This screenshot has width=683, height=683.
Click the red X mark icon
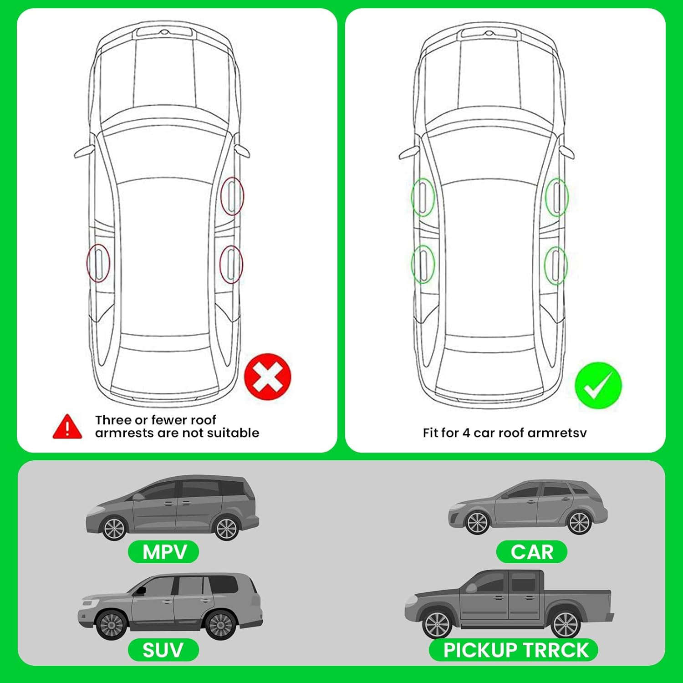(x=267, y=377)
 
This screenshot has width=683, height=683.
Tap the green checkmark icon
(x=598, y=385)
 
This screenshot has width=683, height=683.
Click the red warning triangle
(x=67, y=427)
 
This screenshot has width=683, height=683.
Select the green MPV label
(x=163, y=552)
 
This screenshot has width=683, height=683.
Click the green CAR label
(x=531, y=552)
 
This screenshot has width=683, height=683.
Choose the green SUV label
(x=163, y=650)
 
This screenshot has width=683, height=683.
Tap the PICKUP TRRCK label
(x=514, y=650)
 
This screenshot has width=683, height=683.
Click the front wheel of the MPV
(x=114, y=528)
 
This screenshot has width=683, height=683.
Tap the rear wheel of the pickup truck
(x=565, y=623)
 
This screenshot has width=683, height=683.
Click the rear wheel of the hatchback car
(x=580, y=523)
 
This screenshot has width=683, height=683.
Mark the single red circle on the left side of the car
(x=98, y=263)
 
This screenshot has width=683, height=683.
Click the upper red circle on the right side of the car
(x=232, y=196)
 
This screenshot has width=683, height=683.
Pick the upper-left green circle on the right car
(x=423, y=197)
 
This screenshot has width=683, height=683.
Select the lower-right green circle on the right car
(x=556, y=265)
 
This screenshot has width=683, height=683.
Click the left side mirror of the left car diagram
(x=84, y=152)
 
